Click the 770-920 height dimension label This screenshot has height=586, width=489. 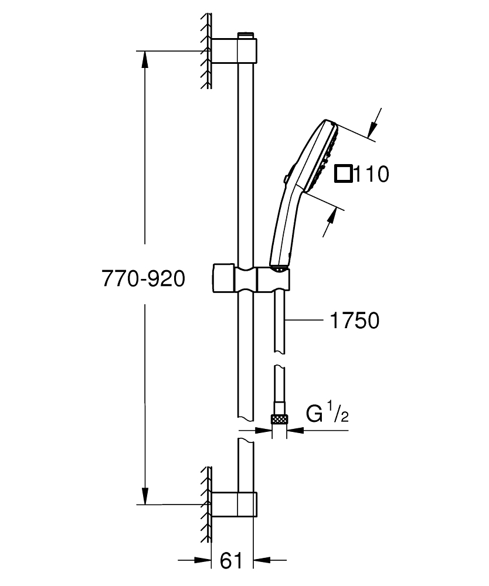144,278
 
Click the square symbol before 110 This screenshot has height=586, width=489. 343,174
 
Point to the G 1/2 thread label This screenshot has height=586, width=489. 328,414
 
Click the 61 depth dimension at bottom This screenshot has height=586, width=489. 231,561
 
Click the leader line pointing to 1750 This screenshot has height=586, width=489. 305,321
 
